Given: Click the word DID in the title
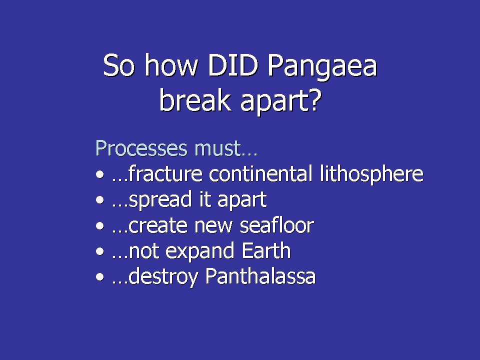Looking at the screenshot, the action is point(233,65).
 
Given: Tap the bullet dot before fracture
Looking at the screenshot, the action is point(100,174).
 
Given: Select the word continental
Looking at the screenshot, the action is point(260,173).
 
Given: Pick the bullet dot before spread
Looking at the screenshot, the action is point(100,200).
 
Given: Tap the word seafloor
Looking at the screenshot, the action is point(277,225).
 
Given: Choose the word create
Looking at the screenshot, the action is point(158,226).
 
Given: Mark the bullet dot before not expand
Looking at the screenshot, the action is point(100,251).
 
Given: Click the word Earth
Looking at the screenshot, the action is point(266,250).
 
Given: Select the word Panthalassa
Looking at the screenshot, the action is point(260,276).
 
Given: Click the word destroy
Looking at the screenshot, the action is point(163,277).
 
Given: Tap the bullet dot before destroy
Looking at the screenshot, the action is point(100,277).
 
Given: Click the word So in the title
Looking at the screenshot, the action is point(119,65).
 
